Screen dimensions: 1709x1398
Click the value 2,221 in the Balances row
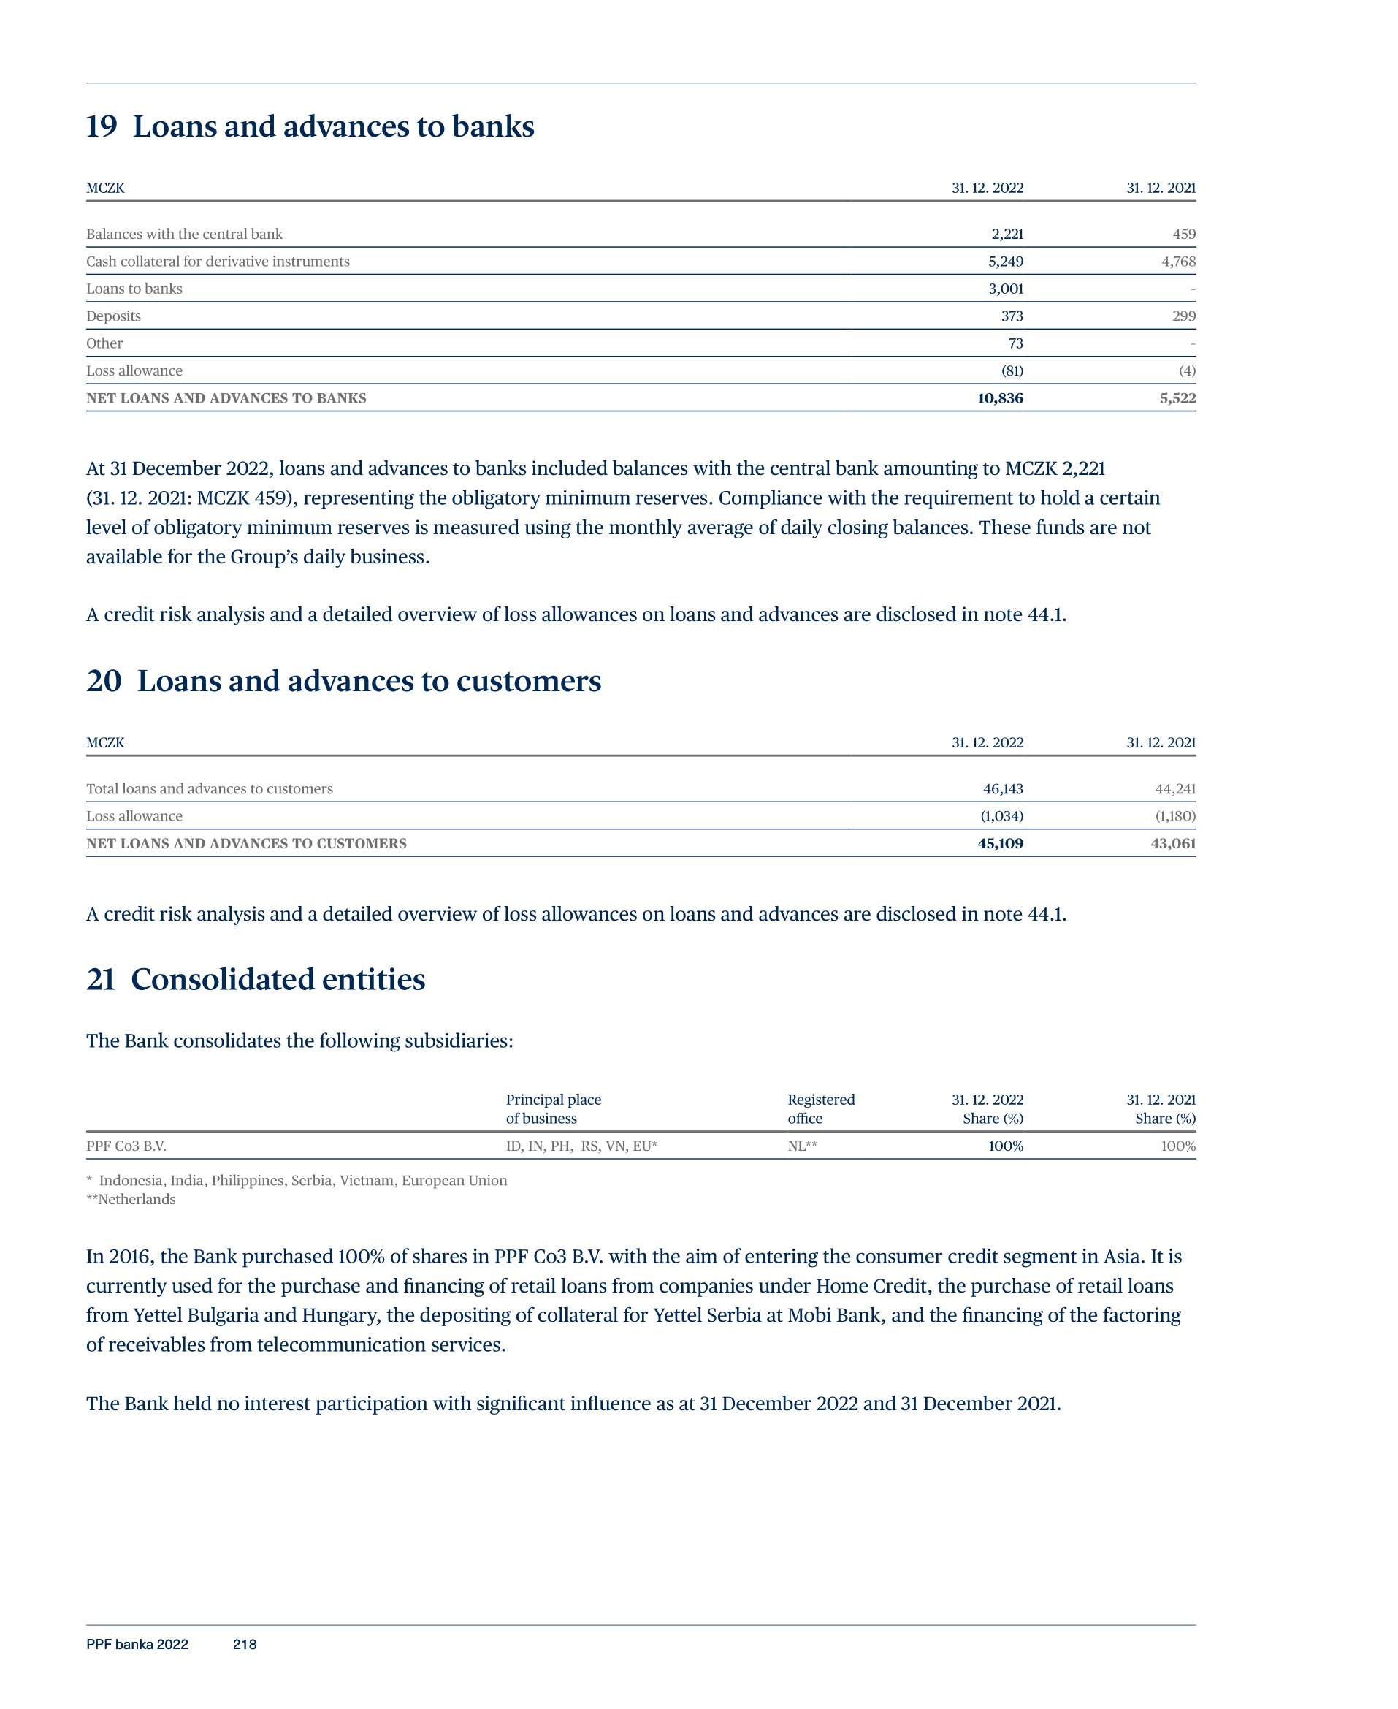pos(1007,235)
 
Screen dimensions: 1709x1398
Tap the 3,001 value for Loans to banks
pos(1005,289)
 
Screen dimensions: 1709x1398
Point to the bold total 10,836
pos(999,399)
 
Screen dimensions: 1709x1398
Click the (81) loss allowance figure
pos(1011,371)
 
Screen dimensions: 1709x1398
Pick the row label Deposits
pos(113,316)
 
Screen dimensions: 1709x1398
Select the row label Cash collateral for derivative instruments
pos(218,262)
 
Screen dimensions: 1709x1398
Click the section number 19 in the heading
pos(102,126)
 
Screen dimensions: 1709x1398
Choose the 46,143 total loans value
pos(1003,789)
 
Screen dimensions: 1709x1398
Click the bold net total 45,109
pos(999,844)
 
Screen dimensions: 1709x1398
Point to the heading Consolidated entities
pos(278,979)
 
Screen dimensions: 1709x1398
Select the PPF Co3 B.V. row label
pos(126,1146)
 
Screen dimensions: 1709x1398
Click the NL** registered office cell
pos(802,1146)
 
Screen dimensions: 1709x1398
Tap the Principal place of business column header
pos(553,1109)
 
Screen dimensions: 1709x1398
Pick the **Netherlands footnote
pos(131,1199)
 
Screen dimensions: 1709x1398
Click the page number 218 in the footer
pos(244,1645)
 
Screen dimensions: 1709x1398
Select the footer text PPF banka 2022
pos(137,1645)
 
